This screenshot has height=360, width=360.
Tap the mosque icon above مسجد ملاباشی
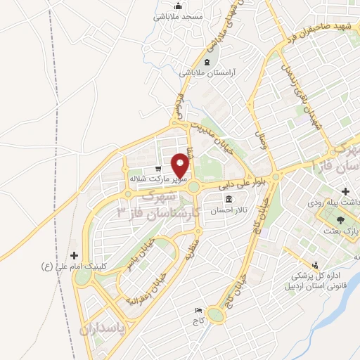coord(178,5)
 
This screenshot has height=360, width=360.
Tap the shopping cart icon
coord(159,169)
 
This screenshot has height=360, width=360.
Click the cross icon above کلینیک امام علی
coord(75,256)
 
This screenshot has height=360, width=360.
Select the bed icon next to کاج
coord(198,309)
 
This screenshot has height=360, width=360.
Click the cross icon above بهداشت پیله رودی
coord(346,191)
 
